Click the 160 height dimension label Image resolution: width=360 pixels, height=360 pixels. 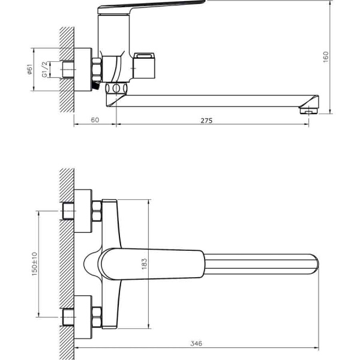coord(326,57)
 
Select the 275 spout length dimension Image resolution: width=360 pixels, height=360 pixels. coord(206,121)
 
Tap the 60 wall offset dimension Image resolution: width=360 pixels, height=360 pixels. coord(95,120)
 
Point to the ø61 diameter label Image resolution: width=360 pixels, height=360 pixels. coord(30,70)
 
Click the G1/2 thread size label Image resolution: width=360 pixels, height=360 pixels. coord(45,69)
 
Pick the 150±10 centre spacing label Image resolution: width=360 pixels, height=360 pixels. coord(34,264)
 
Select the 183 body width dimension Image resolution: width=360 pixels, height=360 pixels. coord(144,264)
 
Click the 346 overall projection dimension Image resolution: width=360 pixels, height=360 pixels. coord(196,343)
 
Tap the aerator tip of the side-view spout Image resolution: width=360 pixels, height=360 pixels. coord(309,111)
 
